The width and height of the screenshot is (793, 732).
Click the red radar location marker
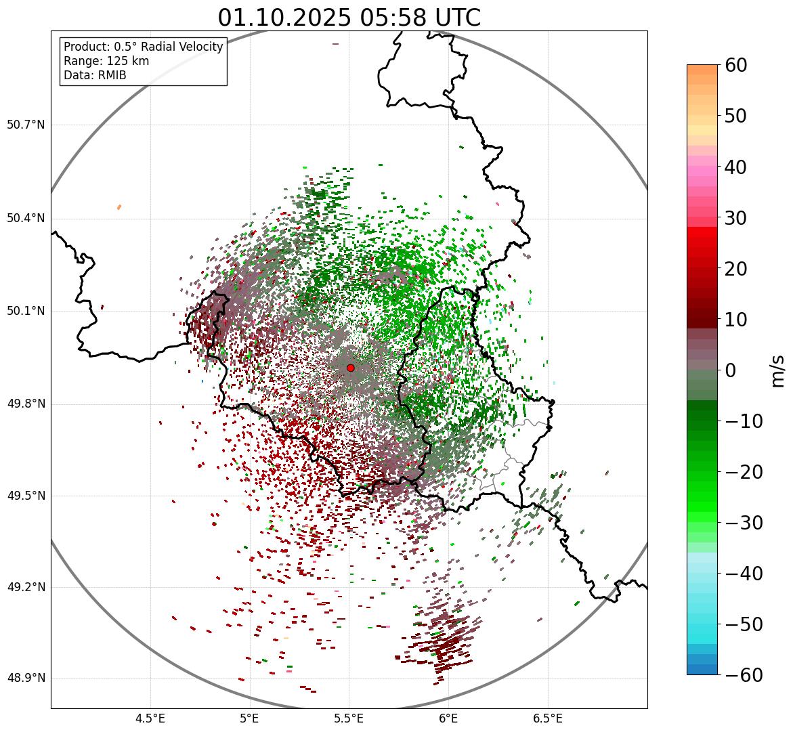coord(350,368)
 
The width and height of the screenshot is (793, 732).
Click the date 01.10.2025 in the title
coord(284,18)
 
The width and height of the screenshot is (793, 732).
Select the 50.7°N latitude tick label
coord(26,125)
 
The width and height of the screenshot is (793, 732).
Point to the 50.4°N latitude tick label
coord(26,218)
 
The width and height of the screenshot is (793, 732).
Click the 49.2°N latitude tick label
coord(26,587)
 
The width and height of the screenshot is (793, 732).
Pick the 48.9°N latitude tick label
coord(26,679)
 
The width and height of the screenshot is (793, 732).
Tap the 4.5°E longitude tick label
coord(150,718)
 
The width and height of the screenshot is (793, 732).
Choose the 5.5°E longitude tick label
coord(349,718)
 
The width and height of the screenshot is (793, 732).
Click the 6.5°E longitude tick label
coord(547,718)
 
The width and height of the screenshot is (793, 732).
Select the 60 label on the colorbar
coord(737,65)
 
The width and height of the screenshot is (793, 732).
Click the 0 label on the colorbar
coord(731,370)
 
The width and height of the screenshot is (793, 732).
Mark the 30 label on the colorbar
coord(737,218)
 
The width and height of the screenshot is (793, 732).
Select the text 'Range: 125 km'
coord(106,61)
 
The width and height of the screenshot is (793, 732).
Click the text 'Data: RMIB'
coord(95,75)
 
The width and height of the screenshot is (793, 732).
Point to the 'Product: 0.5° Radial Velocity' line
coord(143,47)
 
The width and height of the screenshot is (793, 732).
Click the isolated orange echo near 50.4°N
coord(119,207)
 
